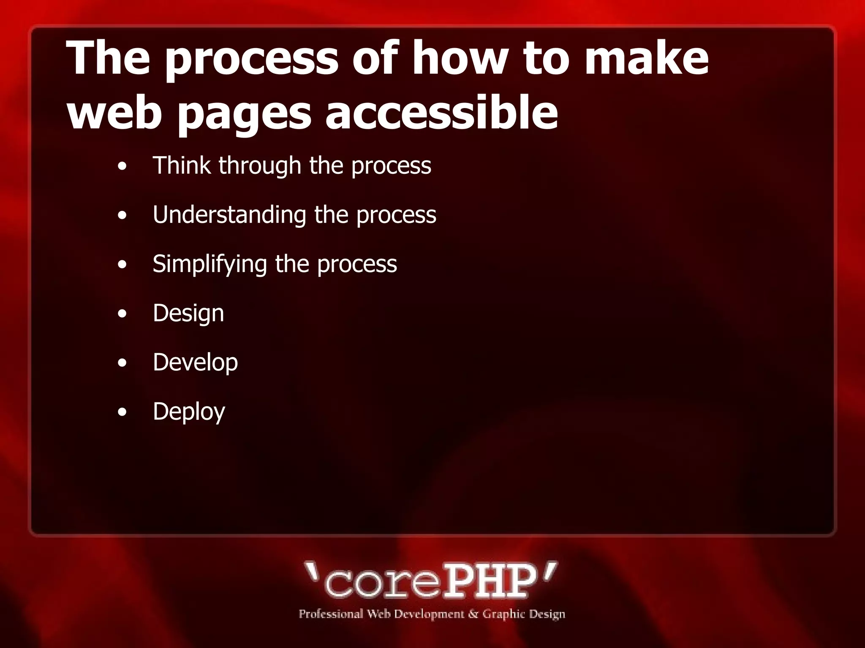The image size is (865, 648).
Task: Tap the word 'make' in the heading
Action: (x=647, y=58)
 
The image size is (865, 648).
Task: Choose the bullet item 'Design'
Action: (x=188, y=313)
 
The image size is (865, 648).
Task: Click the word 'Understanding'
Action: (x=229, y=215)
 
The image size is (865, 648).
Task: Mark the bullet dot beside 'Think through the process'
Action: (x=122, y=166)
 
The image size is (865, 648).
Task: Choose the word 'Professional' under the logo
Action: (x=331, y=614)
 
